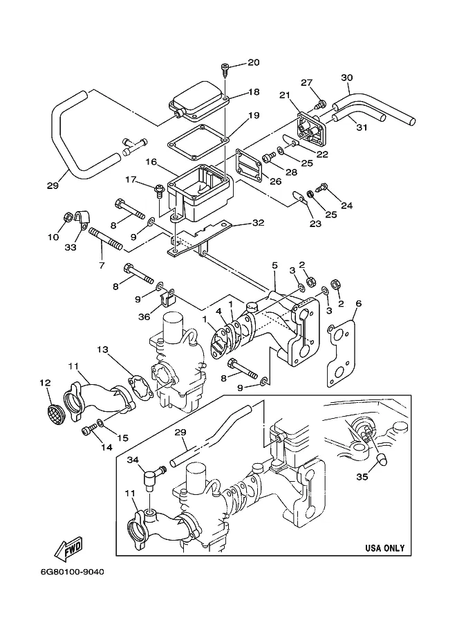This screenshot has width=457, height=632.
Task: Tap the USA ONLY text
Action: (384, 548)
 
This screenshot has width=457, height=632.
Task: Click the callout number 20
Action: (253, 62)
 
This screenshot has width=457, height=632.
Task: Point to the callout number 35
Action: (362, 477)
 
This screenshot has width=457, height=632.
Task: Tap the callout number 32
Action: (258, 222)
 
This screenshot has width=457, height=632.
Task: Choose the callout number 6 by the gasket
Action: (358, 303)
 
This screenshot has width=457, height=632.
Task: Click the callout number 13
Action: (103, 349)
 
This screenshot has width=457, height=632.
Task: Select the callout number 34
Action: (133, 460)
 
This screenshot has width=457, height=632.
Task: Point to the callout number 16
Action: (151, 161)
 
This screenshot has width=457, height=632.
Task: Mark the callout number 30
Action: (346, 78)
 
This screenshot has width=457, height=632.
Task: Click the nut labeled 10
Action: (68, 218)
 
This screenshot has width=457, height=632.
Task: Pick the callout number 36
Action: (144, 316)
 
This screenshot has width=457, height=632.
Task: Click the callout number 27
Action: (306, 82)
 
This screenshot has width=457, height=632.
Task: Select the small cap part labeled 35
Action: (382, 458)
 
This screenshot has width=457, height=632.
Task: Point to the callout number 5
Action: (274, 265)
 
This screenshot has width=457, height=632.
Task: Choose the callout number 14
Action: (106, 446)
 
